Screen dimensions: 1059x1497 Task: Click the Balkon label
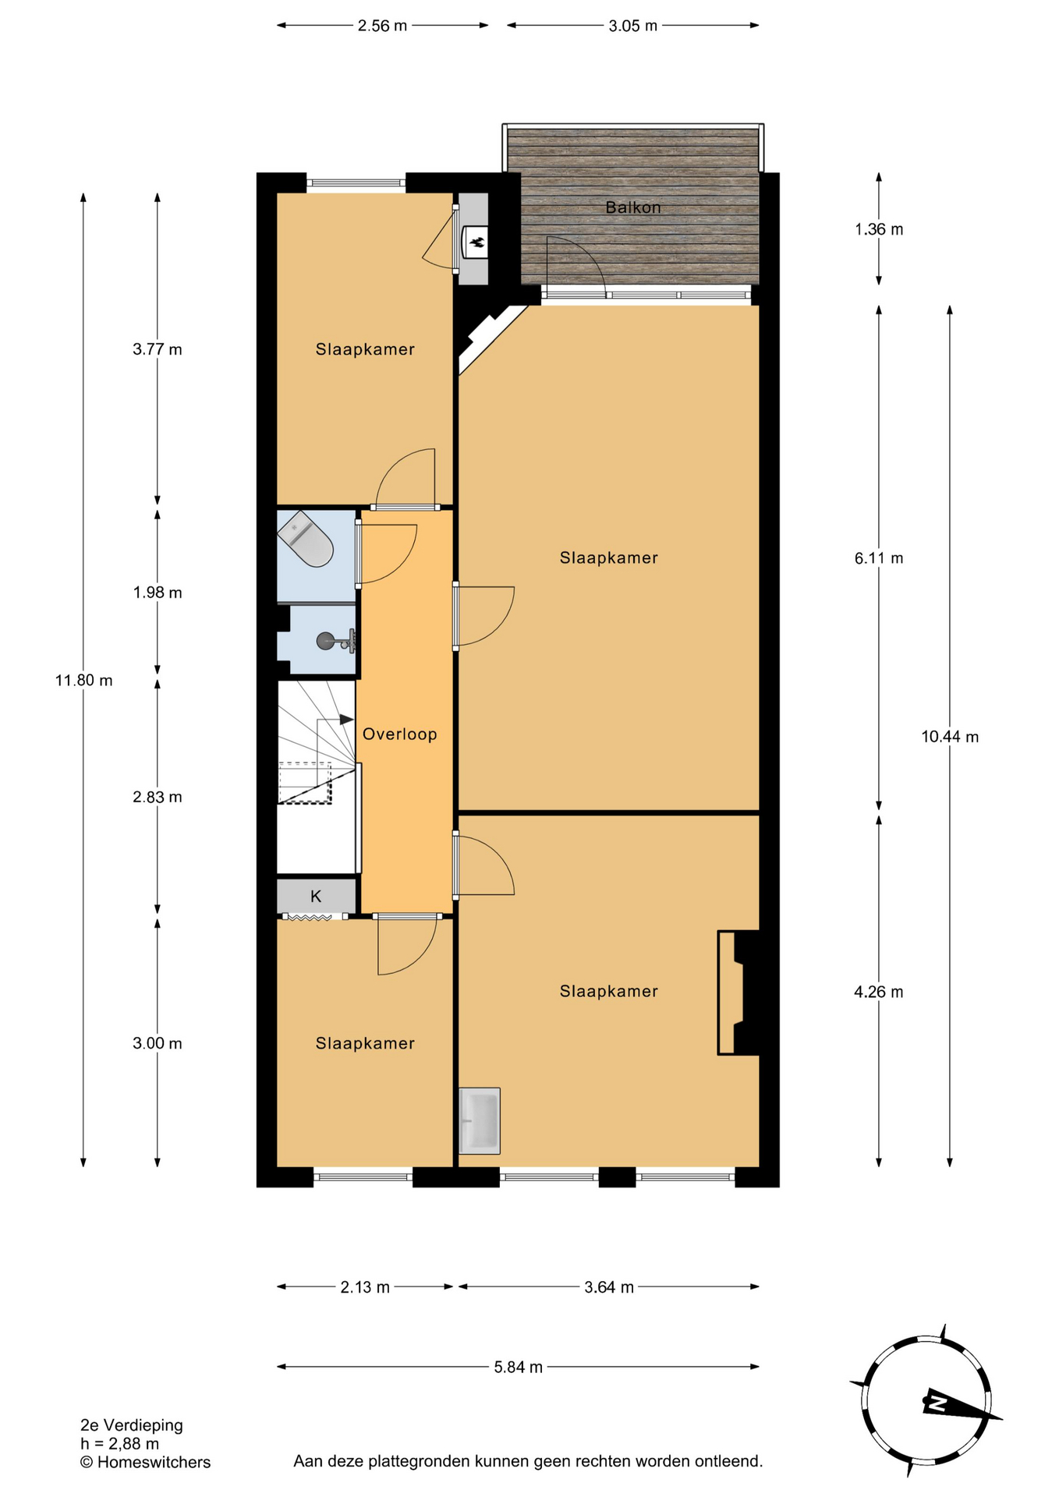point(633,207)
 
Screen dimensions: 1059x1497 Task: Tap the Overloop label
point(400,734)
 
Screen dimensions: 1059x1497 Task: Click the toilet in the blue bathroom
point(306,539)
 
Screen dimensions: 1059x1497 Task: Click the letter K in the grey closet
point(316,896)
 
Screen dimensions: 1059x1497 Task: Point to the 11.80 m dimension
point(83,680)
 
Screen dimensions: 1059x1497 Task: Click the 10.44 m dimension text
point(950,737)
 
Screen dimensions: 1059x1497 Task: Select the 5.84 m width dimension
point(519,1367)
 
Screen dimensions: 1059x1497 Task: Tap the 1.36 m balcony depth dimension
point(879,229)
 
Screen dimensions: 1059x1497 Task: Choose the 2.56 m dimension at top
point(382,26)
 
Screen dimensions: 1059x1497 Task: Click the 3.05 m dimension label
point(632,26)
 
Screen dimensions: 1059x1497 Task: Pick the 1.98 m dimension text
point(158,593)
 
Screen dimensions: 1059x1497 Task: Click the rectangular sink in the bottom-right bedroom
point(480,1120)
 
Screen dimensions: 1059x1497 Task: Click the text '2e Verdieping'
point(132,1425)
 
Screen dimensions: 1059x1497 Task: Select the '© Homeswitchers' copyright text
point(146,1463)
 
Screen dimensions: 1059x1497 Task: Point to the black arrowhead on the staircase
point(347,719)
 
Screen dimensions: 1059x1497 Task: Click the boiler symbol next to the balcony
point(475,241)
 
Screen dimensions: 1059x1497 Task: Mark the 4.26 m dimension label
point(879,992)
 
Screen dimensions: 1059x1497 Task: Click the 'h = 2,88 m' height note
point(120,1444)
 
